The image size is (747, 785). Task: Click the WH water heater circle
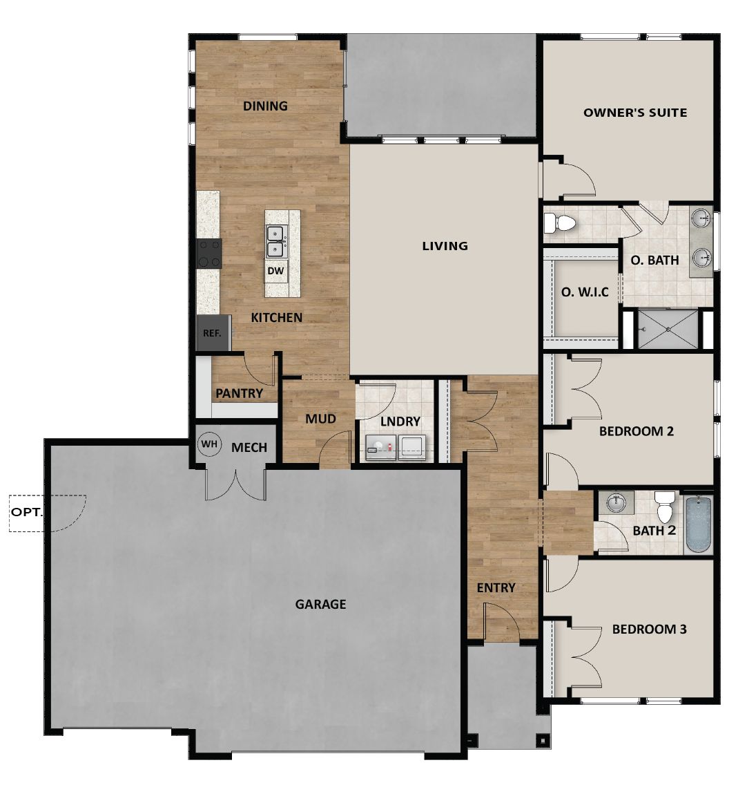click(208, 445)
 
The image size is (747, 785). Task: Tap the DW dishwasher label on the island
click(276, 271)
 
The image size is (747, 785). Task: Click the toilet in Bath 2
click(664, 506)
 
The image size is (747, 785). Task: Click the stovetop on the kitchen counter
click(209, 253)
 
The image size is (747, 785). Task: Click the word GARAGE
click(320, 604)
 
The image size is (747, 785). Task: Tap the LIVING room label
click(445, 245)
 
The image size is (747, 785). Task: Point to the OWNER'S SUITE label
click(634, 112)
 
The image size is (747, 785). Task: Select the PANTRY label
click(239, 393)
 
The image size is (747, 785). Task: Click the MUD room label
click(321, 419)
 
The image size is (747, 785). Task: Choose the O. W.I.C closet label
click(585, 292)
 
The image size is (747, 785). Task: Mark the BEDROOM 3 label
click(649, 630)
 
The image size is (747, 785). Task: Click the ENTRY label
click(496, 587)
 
